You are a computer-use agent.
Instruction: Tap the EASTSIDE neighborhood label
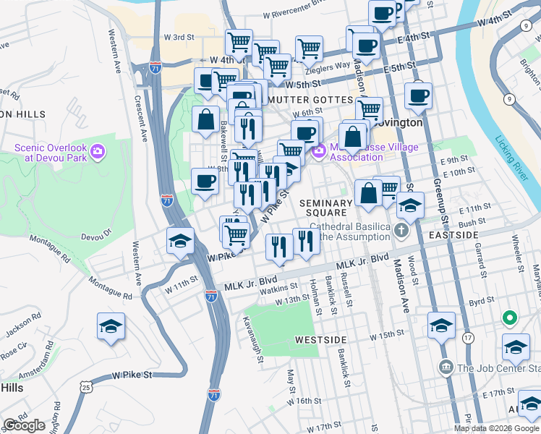coord(453,236)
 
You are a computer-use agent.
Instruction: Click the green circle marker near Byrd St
coord(510,318)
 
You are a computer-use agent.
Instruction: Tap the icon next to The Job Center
coord(446,368)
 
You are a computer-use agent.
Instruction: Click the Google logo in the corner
coord(25,425)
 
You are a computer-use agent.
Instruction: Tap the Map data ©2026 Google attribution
coord(496,429)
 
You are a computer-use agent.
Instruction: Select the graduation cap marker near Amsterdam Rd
coord(111,327)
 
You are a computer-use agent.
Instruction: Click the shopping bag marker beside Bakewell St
coord(205,119)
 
